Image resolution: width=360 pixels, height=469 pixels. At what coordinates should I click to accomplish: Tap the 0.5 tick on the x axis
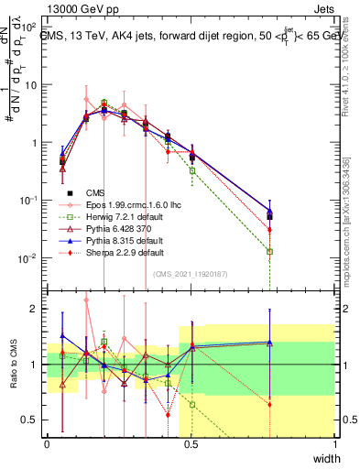point(191,445)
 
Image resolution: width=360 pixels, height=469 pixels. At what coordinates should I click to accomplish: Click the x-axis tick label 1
point(335,445)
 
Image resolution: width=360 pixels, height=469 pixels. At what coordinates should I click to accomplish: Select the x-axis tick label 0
point(48,445)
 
